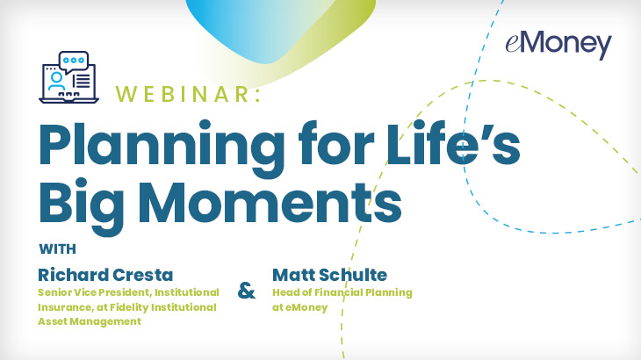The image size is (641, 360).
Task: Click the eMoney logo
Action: [x=558, y=45]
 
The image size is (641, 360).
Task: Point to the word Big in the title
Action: [x=82, y=205]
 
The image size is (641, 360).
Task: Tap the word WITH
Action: [x=58, y=248]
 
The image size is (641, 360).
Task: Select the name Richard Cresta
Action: [x=105, y=275]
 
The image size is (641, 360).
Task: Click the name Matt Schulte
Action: [x=329, y=275]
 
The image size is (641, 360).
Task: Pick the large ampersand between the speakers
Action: [x=247, y=291]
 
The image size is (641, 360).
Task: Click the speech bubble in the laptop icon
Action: [x=74, y=61]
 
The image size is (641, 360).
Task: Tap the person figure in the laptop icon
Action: [x=56, y=82]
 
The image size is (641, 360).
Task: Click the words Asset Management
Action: [x=90, y=321]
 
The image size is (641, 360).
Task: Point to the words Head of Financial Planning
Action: [x=342, y=292]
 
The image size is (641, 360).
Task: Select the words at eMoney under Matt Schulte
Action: [x=300, y=307]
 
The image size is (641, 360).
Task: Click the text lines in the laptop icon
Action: [x=82, y=81]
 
